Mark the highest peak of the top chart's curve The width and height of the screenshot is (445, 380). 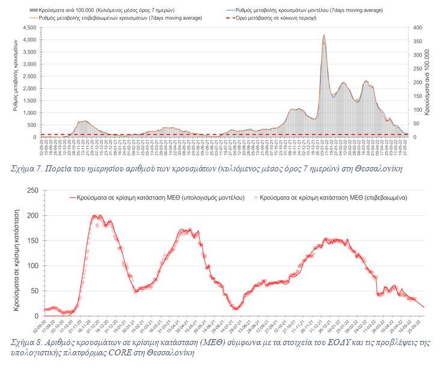click(324, 35)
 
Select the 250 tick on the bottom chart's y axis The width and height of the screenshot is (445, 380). click(32, 191)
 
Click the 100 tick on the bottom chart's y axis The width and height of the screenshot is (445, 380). click(32, 266)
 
